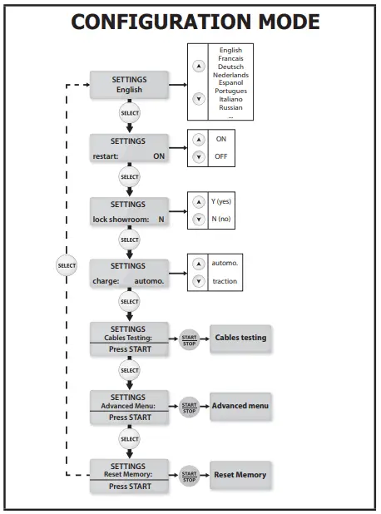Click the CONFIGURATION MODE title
pyautogui.click(x=195, y=21)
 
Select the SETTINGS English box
pyautogui.click(x=129, y=85)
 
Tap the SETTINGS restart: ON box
pyautogui.click(x=129, y=148)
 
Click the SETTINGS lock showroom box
pyautogui.click(x=129, y=211)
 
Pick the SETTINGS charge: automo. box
pyautogui.click(x=129, y=274)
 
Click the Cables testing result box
pyautogui.click(x=240, y=338)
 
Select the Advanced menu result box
pyautogui.click(x=240, y=406)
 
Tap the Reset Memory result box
pyautogui.click(x=240, y=475)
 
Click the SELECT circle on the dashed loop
pyautogui.click(x=67, y=266)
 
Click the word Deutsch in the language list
pyautogui.click(x=230, y=67)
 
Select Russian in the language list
pyautogui.click(x=230, y=107)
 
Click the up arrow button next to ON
pyautogui.click(x=198, y=140)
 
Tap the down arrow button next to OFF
pyautogui.click(x=198, y=156)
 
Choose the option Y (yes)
pyautogui.click(x=221, y=202)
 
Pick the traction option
pyautogui.click(x=224, y=282)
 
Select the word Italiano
pyautogui.click(x=230, y=99)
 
